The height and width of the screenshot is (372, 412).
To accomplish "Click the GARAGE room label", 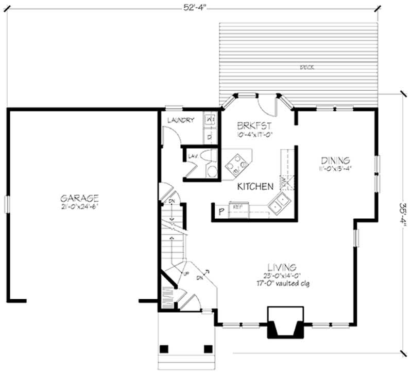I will (79, 198).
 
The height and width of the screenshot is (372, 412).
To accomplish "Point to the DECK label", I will (308, 67).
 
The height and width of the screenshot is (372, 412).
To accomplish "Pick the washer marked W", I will (210, 119).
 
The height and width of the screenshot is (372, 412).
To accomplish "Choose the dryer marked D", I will (210, 136).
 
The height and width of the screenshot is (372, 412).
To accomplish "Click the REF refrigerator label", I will (237, 207).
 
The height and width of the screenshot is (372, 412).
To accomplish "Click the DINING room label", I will (335, 160).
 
